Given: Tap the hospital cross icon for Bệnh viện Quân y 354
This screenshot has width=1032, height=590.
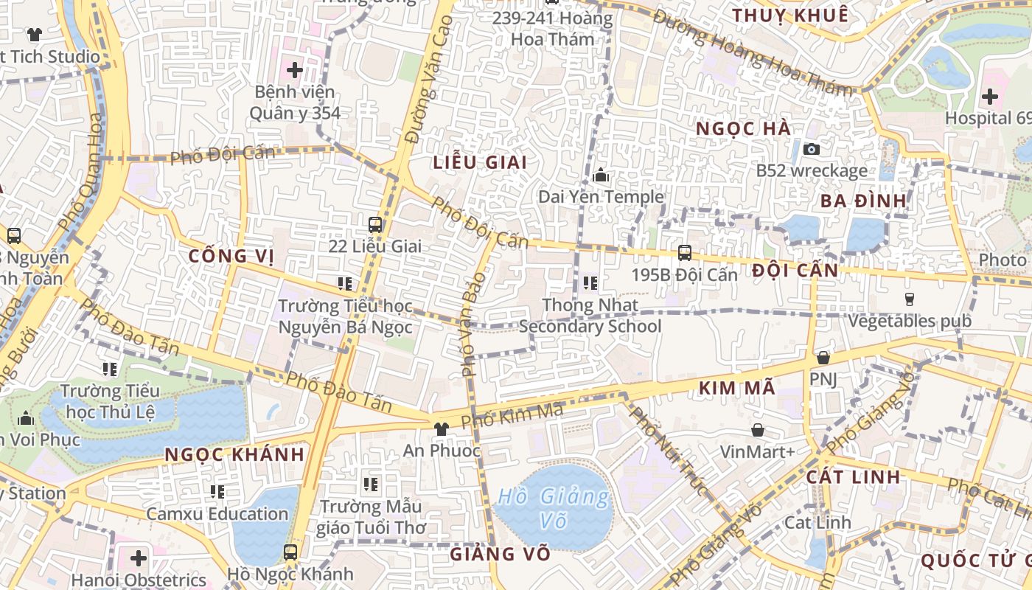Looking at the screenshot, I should pos(295,71).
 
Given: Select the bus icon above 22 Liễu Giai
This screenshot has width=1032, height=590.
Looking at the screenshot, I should pos(375,224).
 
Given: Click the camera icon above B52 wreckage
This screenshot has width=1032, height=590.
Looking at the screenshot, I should pos(812,150).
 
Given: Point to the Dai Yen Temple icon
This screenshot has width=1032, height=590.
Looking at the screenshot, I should pos(601,176).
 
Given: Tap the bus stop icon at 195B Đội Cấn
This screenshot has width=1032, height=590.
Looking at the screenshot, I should pos(685,253).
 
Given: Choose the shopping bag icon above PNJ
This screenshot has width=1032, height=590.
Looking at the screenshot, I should pos(823,358).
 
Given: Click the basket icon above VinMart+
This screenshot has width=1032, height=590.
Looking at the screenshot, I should pos(757,430).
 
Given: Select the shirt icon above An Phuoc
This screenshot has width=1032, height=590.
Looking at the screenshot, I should pos(441,428).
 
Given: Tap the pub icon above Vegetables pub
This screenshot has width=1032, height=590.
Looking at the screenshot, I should pos(909,299).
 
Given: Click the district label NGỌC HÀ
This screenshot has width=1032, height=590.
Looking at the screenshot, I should pos(743,129).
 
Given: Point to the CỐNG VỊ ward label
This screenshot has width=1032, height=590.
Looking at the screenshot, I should pos(231,257).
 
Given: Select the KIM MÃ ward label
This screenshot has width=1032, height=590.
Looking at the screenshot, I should pos(736,388).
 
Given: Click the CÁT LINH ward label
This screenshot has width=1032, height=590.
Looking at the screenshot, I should pos(853,476).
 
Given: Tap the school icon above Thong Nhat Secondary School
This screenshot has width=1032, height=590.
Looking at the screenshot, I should pos(590,282).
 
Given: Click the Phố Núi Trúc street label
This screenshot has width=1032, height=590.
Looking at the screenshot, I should pos(669,451).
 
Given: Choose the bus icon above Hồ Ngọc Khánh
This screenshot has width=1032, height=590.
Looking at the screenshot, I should pos(290,552).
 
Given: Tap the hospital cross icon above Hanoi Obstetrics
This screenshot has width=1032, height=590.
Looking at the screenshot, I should pos(139,558).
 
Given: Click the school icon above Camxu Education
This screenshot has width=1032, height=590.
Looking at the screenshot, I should pos(217,491).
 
